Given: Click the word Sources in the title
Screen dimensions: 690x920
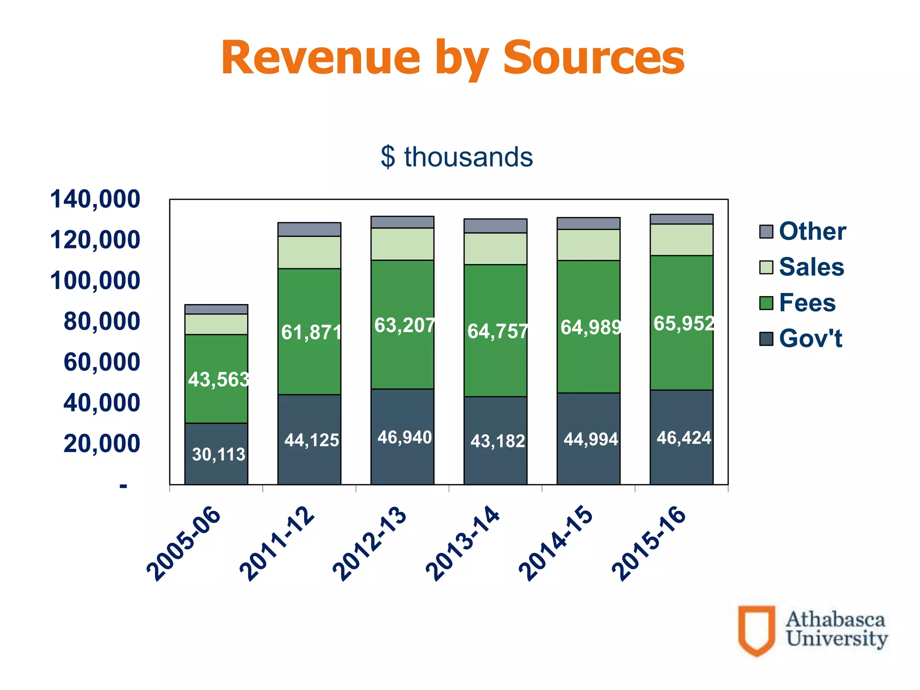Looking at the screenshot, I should pos(593,58).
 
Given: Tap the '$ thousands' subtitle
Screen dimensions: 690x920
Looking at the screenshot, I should pos(457,157).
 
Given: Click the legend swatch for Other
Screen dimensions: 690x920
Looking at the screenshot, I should pos(766,232).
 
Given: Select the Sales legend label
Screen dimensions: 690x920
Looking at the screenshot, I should pos(811,267).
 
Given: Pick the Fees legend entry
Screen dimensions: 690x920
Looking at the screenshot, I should pos(807,302).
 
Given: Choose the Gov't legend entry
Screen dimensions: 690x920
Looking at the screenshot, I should pos(810,338).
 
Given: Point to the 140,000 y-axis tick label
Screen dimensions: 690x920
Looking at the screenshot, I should pos(95,199).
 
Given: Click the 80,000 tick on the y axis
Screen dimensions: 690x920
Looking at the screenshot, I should pos(102,322).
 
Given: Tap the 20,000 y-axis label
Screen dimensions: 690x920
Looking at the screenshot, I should pos(102,444).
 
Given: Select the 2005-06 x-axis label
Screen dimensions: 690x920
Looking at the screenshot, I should pos(184,544).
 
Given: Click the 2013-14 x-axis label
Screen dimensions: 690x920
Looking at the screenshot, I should pos(463,544).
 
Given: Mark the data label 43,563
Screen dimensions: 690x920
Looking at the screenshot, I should pos(218,380).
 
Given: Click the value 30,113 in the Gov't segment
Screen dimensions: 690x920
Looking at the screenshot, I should pos(218,455).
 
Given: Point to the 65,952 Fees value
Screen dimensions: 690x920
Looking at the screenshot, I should pos(683,323).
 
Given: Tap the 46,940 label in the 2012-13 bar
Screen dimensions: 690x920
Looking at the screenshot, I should pos(404,437).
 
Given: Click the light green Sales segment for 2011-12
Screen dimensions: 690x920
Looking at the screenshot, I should pos(309,252).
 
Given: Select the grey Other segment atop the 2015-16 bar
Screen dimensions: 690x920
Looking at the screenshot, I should pos(681,219).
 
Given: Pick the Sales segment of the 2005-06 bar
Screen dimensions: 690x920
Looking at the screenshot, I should pos(216,324).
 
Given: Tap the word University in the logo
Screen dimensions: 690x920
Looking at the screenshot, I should pos(836,639).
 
